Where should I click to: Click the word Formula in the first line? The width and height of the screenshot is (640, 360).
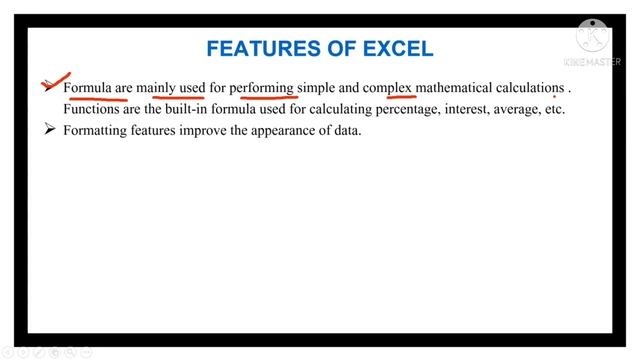coord(87,89)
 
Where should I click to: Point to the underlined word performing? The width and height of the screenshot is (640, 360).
coord(262,89)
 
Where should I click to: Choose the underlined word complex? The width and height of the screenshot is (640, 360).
coord(388,89)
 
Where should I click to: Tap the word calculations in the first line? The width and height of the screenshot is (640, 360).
coord(530,89)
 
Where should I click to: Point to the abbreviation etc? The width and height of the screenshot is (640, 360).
coord(555,109)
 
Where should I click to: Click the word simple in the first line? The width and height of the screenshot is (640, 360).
coord(315,89)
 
